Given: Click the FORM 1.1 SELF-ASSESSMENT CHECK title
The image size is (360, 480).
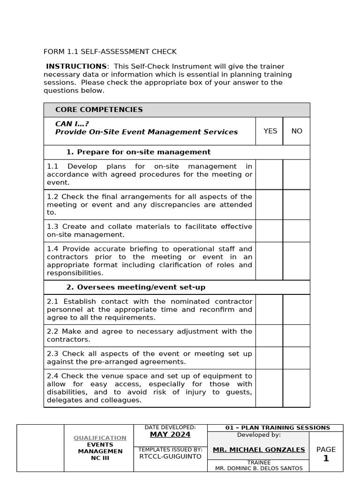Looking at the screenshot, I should click(x=110, y=52).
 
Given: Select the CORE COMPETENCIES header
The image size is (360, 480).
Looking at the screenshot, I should click(x=99, y=110).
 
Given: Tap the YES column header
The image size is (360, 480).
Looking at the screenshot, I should click(x=270, y=131).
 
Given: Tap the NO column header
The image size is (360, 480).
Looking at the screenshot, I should click(x=297, y=131).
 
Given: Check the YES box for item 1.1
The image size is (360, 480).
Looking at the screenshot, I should click(x=269, y=174).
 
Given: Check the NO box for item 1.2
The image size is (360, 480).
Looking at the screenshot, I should click(x=296, y=205).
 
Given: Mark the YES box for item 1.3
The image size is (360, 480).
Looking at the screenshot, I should click(x=269, y=231).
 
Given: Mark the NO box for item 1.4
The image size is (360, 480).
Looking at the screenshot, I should click(x=296, y=261).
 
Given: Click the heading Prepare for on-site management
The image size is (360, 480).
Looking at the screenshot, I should click(x=138, y=152).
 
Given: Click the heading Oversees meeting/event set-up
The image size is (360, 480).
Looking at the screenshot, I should click(x=135, y=287).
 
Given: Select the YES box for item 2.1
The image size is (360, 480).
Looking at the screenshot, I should click(x=269, y=309).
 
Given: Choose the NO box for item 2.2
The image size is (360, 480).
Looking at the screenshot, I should click(x=296, y=336).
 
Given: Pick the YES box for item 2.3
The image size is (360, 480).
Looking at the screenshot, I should click(x=269, y=358).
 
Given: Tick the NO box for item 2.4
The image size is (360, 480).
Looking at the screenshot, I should click(x=296, y=388).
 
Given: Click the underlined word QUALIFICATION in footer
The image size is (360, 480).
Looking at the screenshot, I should click(x=100, y=438).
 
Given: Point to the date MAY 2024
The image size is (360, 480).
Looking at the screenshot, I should click(x=170, y=435).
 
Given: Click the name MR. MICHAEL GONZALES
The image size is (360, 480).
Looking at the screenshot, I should click(x=259, y=450).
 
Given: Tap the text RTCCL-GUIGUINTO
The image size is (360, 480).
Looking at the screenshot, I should click(x=170, y=456).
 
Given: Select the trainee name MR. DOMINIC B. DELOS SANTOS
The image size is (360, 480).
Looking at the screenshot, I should click(x=259, y=468).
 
